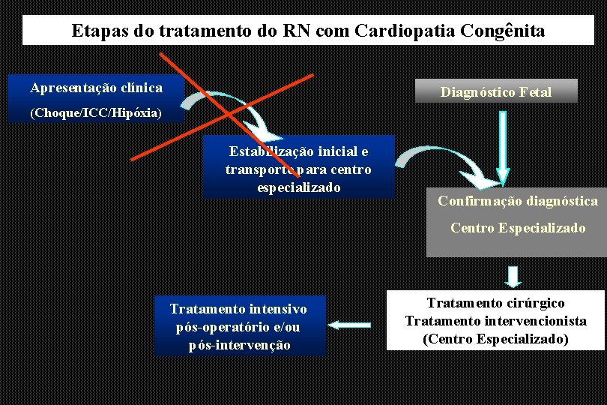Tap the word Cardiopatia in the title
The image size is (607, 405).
click(392, 31)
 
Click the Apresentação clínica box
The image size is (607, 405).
click(96, 88)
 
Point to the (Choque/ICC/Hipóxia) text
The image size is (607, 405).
click(95, 113)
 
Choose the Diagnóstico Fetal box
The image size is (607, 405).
click(496, 92)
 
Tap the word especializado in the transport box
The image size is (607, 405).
click(298, 187)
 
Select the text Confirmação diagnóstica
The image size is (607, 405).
click(518, 201)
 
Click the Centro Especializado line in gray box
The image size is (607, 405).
click(518, 228)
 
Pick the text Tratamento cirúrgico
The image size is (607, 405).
click(495, 303)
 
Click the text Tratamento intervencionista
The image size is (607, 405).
click(495, 321)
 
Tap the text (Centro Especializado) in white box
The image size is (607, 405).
click(495, 339)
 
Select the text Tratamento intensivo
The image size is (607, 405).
click(238, 309)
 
